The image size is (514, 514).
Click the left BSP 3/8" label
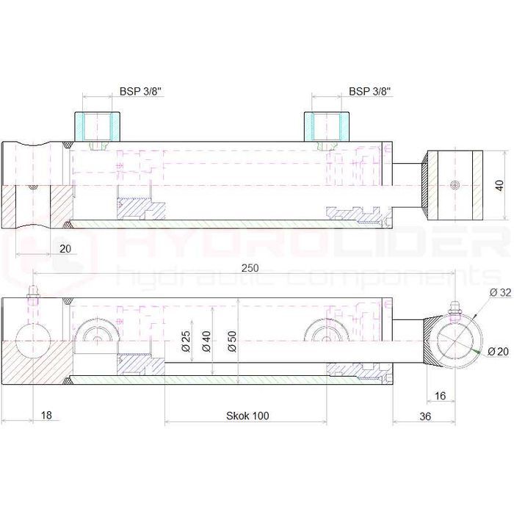140,92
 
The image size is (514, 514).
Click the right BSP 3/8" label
369,92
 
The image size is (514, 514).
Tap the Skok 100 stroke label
247,416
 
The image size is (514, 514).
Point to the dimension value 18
46,416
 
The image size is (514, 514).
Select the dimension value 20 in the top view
65,249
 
